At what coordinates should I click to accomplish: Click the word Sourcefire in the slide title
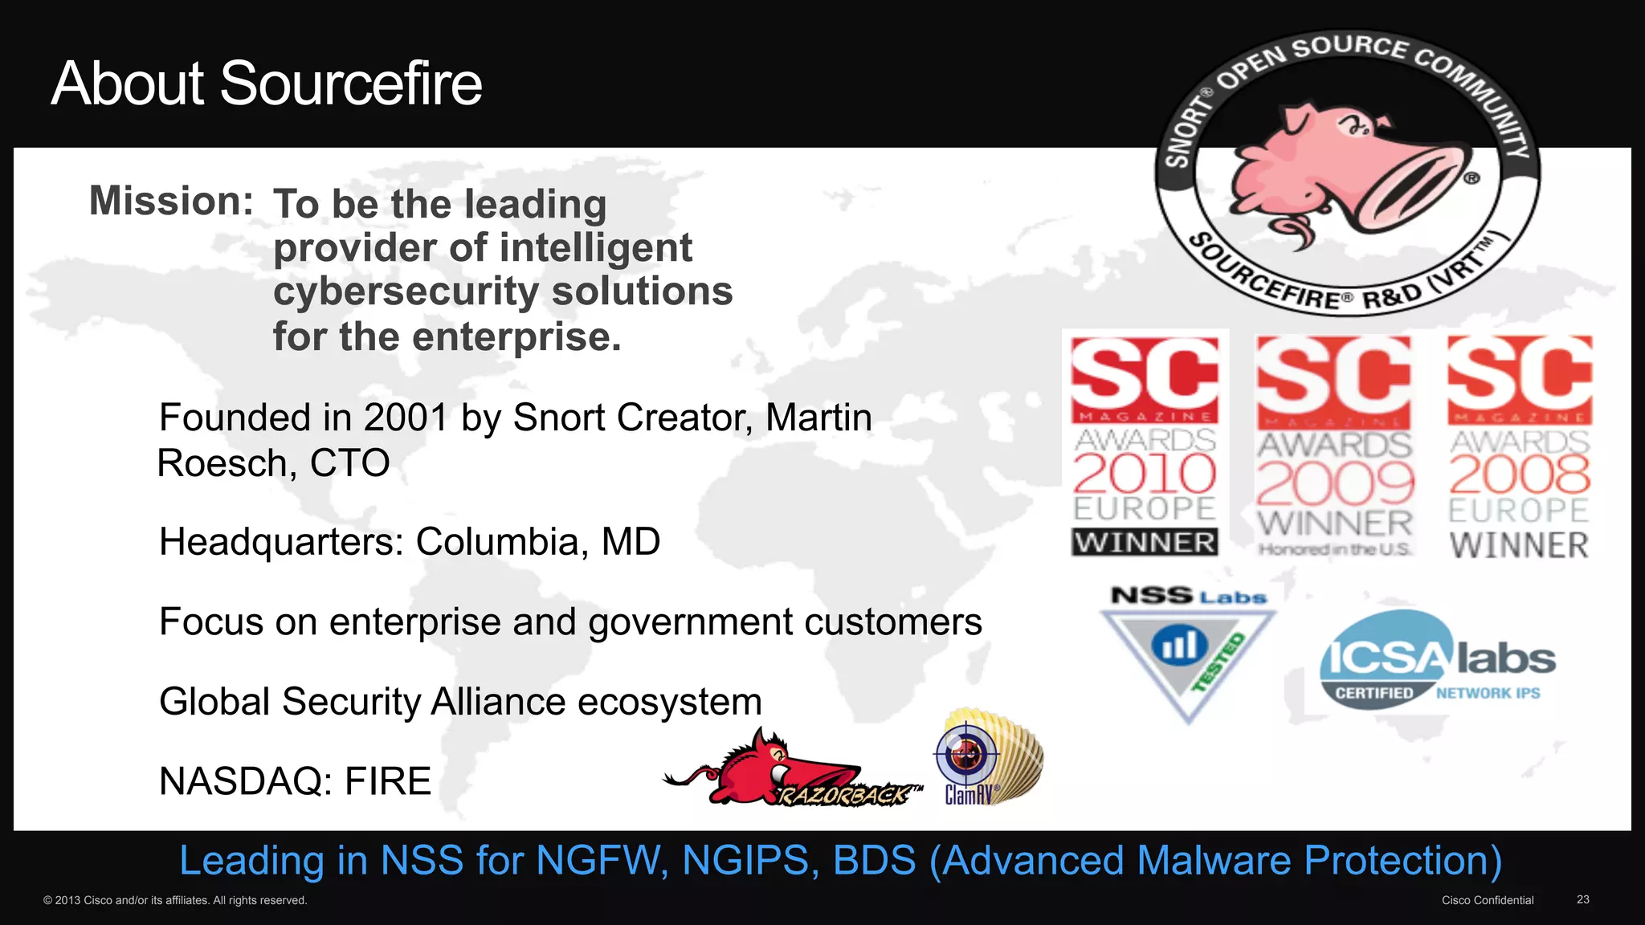(x=350, y=84)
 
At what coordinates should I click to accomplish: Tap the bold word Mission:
(x=171, y=201)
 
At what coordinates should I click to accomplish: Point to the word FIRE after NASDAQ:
(x=388, y=781)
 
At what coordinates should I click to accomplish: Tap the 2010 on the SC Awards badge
(x=1145, y=474)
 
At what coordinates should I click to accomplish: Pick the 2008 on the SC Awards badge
(x=1519, y=475)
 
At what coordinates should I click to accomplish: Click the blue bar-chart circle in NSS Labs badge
(x=1179, y=646)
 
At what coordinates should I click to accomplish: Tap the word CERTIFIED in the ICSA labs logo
(x=1374, y=693)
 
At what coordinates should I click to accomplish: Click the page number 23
(x=1582, y=899)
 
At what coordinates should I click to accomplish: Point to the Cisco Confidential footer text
(x=1487, y=900)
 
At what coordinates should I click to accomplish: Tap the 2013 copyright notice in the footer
(x=175, y=900)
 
